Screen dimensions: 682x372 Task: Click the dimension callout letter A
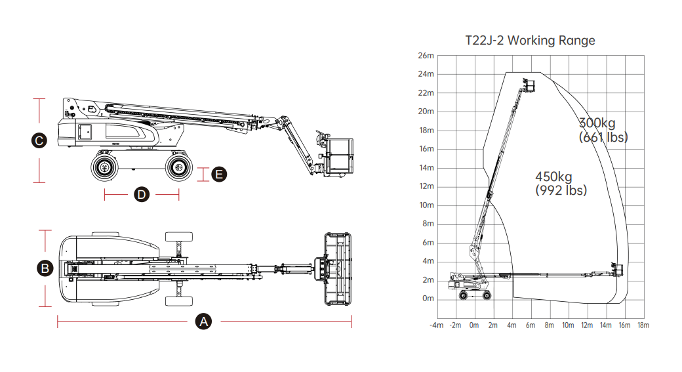203,322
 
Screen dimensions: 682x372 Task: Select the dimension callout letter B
45,268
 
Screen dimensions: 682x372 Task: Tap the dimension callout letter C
39,140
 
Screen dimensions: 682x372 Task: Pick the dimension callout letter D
142,194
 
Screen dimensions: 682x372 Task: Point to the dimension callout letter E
219,175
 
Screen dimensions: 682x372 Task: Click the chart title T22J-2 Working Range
530,41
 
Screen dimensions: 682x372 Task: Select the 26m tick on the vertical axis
426,56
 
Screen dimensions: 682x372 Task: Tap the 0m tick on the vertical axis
428,299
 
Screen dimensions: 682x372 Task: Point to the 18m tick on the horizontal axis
643,325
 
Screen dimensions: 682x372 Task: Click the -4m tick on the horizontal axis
436,325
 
